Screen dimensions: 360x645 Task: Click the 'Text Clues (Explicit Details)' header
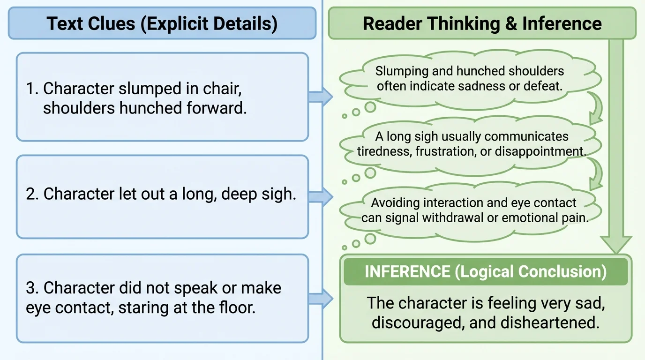162,23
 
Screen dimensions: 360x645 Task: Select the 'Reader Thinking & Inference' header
482,23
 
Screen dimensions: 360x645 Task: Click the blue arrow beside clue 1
320,97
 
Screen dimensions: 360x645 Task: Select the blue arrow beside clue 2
320,197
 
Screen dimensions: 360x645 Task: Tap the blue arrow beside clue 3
320,299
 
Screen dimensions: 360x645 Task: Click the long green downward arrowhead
616,244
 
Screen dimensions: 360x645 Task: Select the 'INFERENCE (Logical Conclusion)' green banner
485,272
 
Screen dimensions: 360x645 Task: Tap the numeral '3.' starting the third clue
32,287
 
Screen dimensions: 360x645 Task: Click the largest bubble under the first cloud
370,107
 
